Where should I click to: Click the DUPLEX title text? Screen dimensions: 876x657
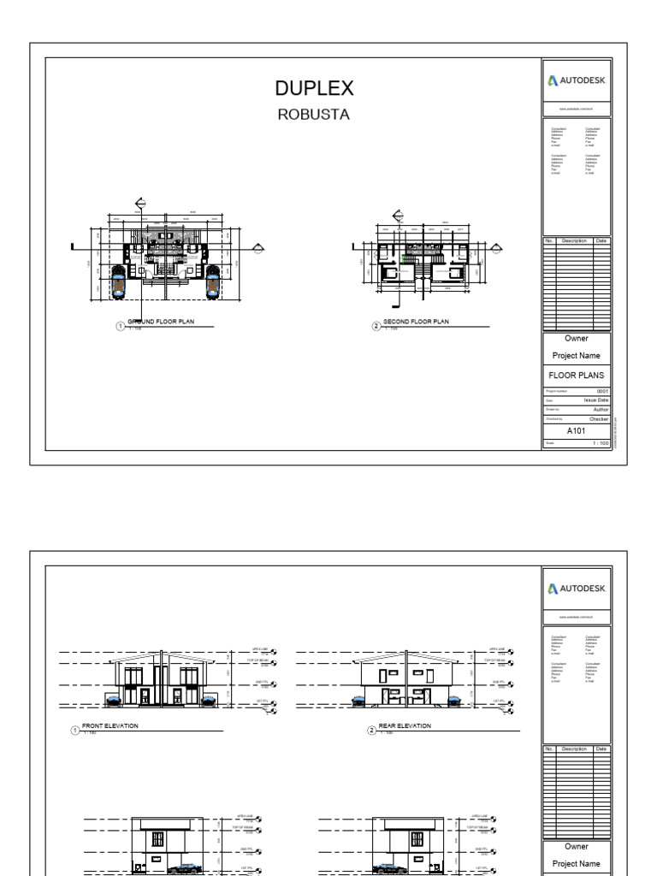(x=314, y=88)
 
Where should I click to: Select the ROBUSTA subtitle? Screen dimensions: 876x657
(x=314, y=115)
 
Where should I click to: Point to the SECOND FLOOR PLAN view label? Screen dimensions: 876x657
(x=416, y=322)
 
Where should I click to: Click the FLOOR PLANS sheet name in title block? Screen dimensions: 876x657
(x=576, y=375)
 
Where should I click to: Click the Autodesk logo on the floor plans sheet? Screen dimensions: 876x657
(x=577, y=82)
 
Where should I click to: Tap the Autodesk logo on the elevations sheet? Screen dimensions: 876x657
(x=577, y=589)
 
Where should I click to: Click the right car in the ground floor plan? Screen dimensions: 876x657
(x=211, y=282)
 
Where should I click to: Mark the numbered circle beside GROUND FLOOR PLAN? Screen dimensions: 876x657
(x=121, y=325)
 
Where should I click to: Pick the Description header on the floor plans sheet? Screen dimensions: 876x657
(x=575, y=241)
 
